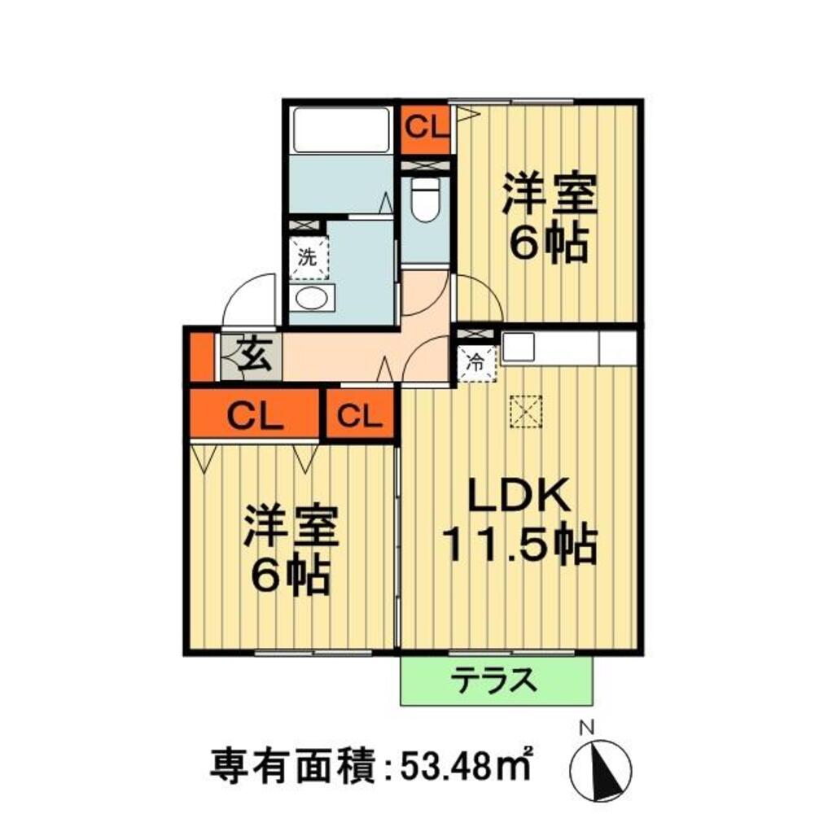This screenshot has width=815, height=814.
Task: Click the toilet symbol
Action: click(x=425, y=199)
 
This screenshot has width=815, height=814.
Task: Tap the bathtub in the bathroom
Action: click(x=341, y=130)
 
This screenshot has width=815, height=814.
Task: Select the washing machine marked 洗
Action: click(x=309, y=257)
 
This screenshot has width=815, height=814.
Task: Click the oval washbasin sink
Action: click(x=311, y=298)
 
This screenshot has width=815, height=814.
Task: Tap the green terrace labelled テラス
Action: click(x=497, y=681)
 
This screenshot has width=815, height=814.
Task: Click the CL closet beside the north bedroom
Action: click(x=426, y=129)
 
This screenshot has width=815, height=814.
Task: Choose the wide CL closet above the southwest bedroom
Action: click(x=254, y=414)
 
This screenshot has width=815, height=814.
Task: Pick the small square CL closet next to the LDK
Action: click(x=360, y=415)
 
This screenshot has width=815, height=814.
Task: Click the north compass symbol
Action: click(x=600, y=768)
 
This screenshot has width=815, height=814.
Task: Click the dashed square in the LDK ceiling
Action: click(x=526, y=412)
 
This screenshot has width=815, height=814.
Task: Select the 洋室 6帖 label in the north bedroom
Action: click(x=549, y=219)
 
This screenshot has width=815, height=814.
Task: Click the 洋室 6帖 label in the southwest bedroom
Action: click(x=291, y=550)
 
